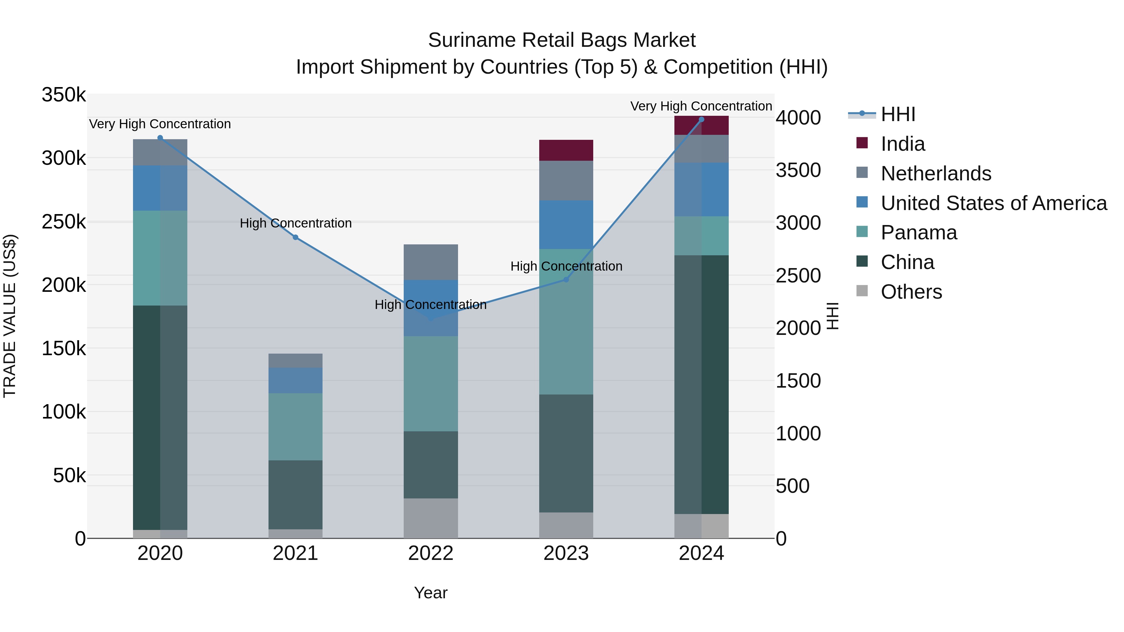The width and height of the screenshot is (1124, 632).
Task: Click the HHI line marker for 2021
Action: click(x=295, y=237)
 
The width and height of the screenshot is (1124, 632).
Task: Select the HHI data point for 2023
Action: click(x=566, y=280)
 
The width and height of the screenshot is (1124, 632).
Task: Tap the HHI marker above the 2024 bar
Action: click(x=702, y=120)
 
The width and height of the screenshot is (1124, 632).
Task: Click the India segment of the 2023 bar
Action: click(x=566, y=150)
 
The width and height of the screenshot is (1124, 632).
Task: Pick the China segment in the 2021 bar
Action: click(x=295, y=495)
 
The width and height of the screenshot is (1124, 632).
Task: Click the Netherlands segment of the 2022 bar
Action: click(x=431, y=262)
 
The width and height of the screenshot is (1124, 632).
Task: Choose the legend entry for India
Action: click(x=902, y=144)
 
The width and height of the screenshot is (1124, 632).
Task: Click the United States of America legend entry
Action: click(x=993, y=203)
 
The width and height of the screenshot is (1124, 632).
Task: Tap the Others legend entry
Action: click(x=911, y=292)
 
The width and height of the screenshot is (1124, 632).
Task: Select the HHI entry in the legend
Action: click(x=898, y=114)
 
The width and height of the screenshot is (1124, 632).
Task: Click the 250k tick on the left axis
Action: click(x=64, y=222)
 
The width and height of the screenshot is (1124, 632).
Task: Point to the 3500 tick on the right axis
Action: click(x=798, y=170)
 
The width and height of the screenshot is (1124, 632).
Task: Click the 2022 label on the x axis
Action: click(x=431, y=553)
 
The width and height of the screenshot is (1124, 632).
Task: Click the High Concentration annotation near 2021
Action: click(x=295, y=223)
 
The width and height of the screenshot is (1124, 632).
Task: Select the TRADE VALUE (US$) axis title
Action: click(x=10, y=316)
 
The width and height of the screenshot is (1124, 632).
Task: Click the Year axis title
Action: click(x=431, y=593)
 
